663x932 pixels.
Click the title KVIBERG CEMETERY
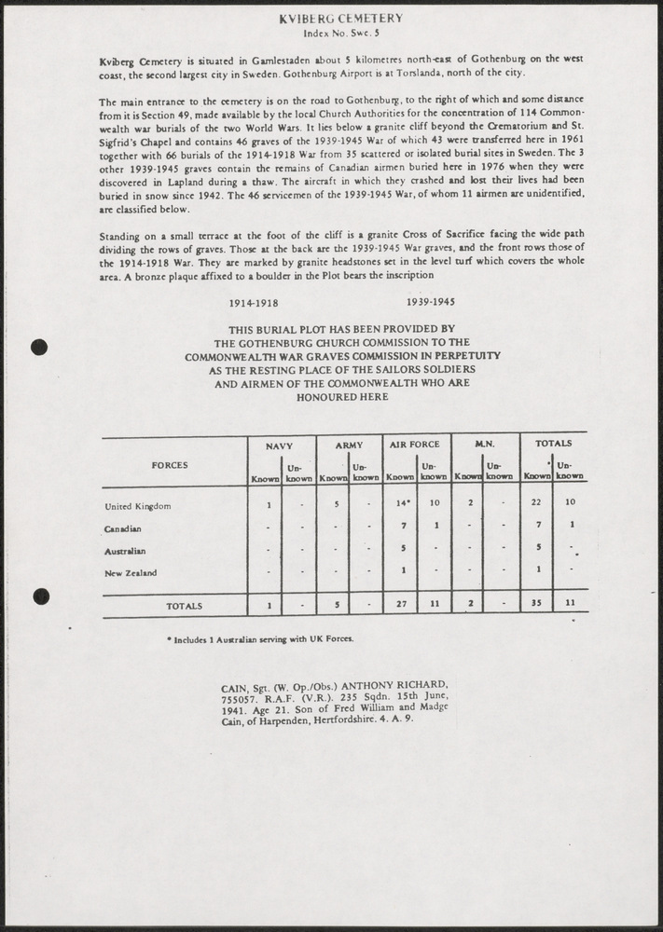coord(340,18)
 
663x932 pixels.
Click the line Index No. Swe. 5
coord(340,32)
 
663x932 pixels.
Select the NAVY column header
coord(282,445)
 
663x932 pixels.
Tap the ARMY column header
coord(349,445)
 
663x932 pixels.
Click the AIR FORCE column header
coord(415,445)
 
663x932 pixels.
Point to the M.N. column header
coord(484,445)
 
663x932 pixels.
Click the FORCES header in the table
coord(170,464)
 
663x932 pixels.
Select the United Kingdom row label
coord(137,506)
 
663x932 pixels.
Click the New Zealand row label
coord(131,572)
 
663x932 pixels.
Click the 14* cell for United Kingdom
coord(400,504)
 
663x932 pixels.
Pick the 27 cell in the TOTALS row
coord(400,605)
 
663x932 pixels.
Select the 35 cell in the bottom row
coord(536,604)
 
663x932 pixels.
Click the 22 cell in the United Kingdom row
coord(536,504)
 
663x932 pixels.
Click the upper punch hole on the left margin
coord(39,348)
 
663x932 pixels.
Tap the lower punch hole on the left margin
coord(39,596)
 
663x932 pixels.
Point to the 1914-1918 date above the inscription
coord(254,303)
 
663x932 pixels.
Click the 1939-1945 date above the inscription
coord(431,302)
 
